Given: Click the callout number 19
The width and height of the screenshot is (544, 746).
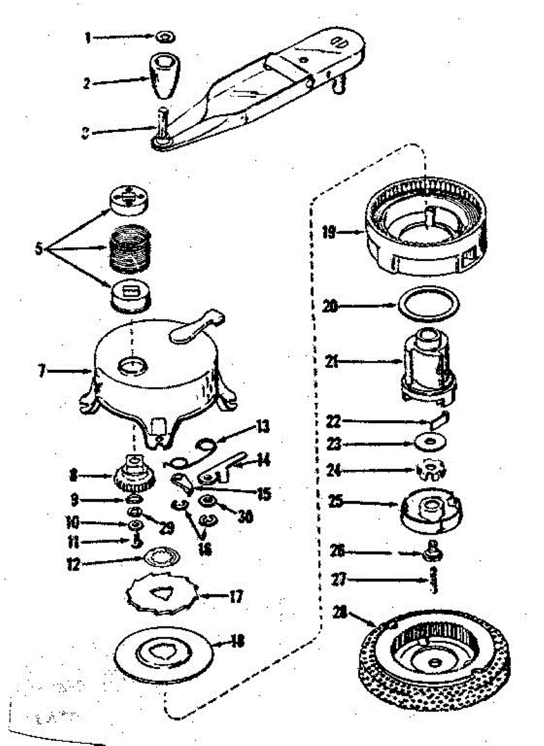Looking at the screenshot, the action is point(328,233).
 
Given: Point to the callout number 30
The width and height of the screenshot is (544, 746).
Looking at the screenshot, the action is point(246,517).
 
